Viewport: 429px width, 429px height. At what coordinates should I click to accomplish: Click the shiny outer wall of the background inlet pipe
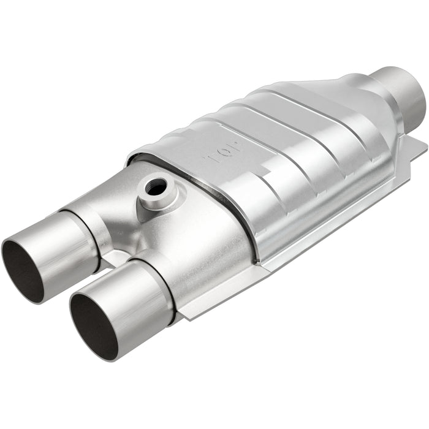tap(61, 242)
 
